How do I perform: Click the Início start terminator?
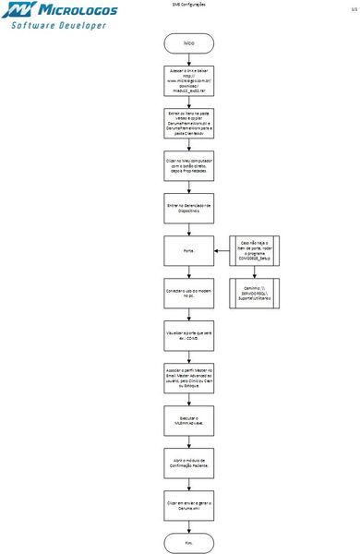click(188, 42)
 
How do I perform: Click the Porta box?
click(188, 248)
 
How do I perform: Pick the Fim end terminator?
click(188, 542)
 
